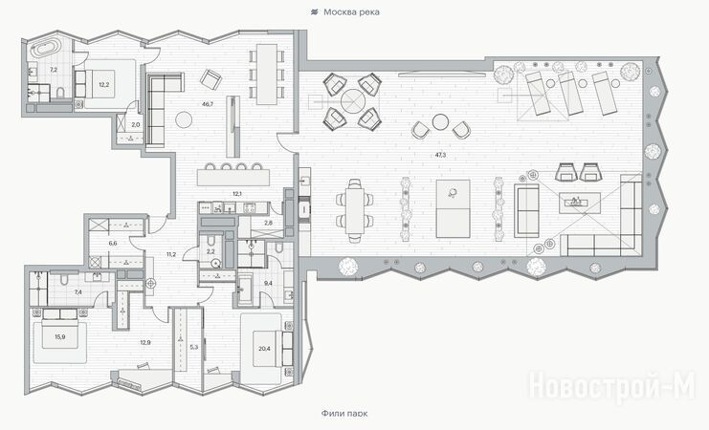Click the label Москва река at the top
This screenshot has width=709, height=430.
[x=351, y=12]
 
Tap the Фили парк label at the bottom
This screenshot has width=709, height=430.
[x=344, y=414]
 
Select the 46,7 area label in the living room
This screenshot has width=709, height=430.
[x=208, y=104]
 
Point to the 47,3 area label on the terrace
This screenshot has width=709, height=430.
[x=440, y=155]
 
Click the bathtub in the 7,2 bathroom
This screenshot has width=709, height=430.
[x=44, y=50]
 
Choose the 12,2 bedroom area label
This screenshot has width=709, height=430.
[x=104, y=84]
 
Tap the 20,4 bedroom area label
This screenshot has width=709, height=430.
[x=264, y=348]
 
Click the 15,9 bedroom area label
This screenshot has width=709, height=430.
[x=60, y=336]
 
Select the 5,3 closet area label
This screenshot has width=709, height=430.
[x=194, y=347]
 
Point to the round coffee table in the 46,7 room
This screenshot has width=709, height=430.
[x=184, y=119]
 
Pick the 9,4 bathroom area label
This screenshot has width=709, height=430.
[x=268, y=284]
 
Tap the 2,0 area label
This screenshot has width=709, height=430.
[x=136, y=124]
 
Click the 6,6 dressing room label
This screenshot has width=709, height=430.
[x=113, y=243]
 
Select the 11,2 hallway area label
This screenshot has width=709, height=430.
[x=171, y=254]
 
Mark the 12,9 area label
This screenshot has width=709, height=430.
[x=145, y=343]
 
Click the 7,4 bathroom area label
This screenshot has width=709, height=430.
[x=78, y=292]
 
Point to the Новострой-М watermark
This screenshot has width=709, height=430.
[x=612, y=386]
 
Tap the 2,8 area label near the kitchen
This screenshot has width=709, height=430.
[x=269, y=223]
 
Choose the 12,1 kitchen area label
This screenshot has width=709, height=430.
[x=237, y=194]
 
